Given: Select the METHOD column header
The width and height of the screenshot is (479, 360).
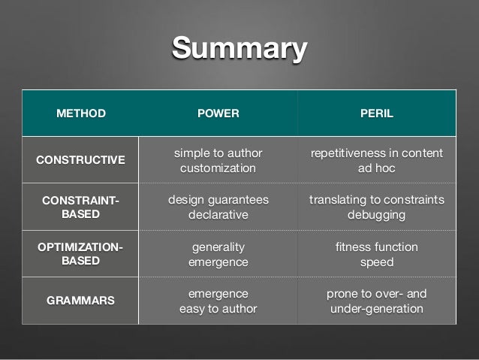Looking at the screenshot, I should tap(81, 114).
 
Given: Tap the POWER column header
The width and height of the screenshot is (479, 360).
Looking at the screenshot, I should tap(218, 114).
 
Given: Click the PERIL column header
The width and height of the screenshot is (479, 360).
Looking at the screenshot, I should tap(376, 114).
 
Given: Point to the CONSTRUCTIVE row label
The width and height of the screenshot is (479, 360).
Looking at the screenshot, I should tap(81, 160).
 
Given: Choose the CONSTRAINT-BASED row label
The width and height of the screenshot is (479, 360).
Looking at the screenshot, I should tap(81, 207).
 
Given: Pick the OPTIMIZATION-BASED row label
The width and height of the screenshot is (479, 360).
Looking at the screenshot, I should tap(81, 253).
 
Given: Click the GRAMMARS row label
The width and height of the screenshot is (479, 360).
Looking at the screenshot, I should tap(81, 300).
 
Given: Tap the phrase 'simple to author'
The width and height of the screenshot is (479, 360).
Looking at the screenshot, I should tap(218, 153).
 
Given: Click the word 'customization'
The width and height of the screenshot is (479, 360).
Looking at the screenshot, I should tap(218, 168).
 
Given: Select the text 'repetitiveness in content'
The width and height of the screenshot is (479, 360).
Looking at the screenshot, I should tap(376, 153).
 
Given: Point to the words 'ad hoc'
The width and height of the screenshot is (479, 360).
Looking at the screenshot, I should tap(376, 168).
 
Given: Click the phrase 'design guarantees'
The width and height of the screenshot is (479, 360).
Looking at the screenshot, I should tap(218, 200).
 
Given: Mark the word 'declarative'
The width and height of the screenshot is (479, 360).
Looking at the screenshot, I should tap(218, 215).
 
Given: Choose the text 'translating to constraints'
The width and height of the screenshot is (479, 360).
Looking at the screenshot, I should tap(376, 200).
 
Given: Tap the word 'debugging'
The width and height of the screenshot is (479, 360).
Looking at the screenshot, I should tap(376, 215).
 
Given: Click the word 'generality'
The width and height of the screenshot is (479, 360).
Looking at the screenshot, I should tap(218, 247).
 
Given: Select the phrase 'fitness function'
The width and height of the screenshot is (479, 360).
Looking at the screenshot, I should tap(376, 247).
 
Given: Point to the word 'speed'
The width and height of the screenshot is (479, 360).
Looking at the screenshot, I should tap(376, 262).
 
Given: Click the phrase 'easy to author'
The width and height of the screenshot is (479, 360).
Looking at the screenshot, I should tap(218, 308).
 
